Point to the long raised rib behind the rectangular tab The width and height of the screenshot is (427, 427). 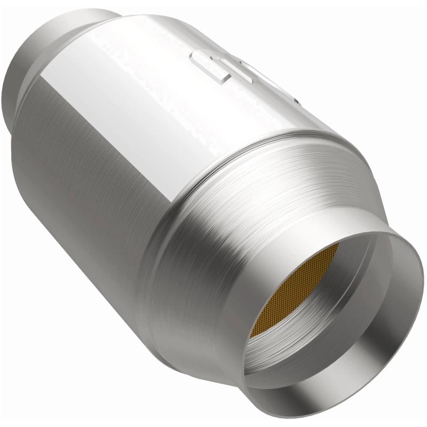point(267,80)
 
